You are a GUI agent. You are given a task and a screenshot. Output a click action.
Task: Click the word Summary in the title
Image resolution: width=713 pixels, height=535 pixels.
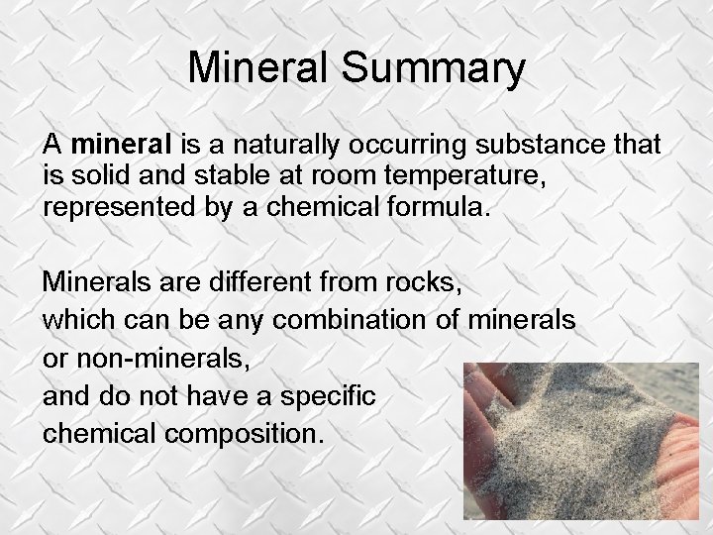(x=433, y=68)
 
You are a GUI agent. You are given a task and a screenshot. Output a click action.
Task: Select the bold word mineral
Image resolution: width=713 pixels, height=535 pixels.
(x=122, y=145)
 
